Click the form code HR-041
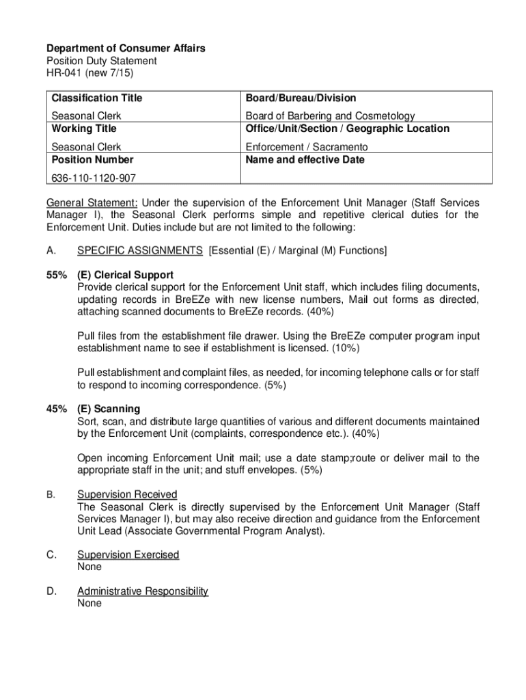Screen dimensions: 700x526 [x=63, y=73]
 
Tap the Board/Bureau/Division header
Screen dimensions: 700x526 [x=301, y=98]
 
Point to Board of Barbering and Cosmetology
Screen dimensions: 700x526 [x=330, y=116]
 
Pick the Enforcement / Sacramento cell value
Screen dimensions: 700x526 [x=307, y=147]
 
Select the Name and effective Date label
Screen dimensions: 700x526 [x=305, y=160]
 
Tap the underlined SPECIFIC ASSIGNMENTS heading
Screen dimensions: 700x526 [x=139, y=251]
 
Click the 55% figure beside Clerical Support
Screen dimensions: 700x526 [x=56, y=275]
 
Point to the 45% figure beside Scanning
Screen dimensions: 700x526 [x=56, y=409]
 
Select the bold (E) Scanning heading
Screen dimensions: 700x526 [x=109, y=409]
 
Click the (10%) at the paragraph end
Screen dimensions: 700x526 [x=345, y=348]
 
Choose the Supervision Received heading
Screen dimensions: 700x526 [x=127, y=494]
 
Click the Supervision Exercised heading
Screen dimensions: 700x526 [x=128, y=554]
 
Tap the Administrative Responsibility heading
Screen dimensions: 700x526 [x=143, y=591]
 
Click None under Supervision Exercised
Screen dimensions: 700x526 [x=89, y=567]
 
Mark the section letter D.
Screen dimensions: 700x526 [x=51, y=591]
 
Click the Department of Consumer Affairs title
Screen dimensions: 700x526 [x=126, y=49]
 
